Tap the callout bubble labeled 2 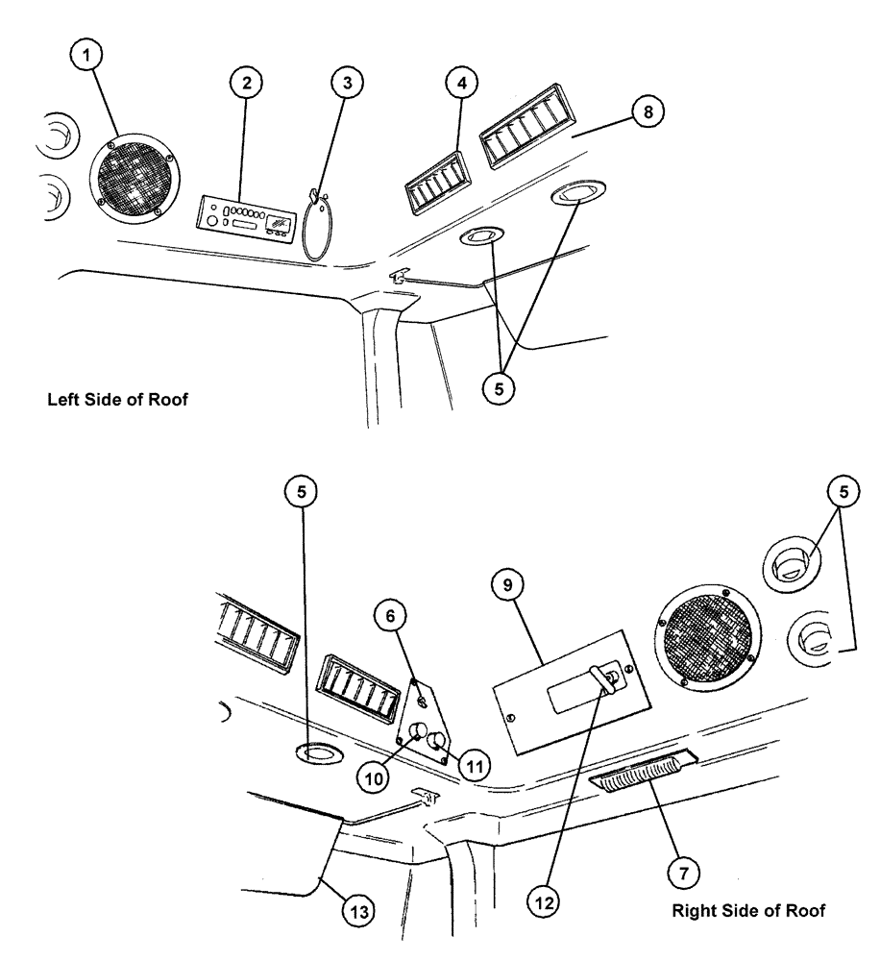point(247,84)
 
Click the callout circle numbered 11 point(471,766)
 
